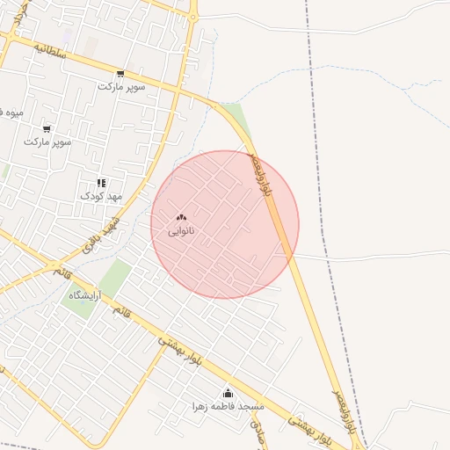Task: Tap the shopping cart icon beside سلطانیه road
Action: [120, 74]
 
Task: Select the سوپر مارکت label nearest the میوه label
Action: [47, 141]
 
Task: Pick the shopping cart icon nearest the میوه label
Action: [47, 128]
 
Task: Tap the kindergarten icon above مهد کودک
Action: [101, 183]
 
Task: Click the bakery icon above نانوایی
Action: [181, 218]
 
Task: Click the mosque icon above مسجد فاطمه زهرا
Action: [229, 393]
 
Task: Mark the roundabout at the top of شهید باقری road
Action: [192, 15]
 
